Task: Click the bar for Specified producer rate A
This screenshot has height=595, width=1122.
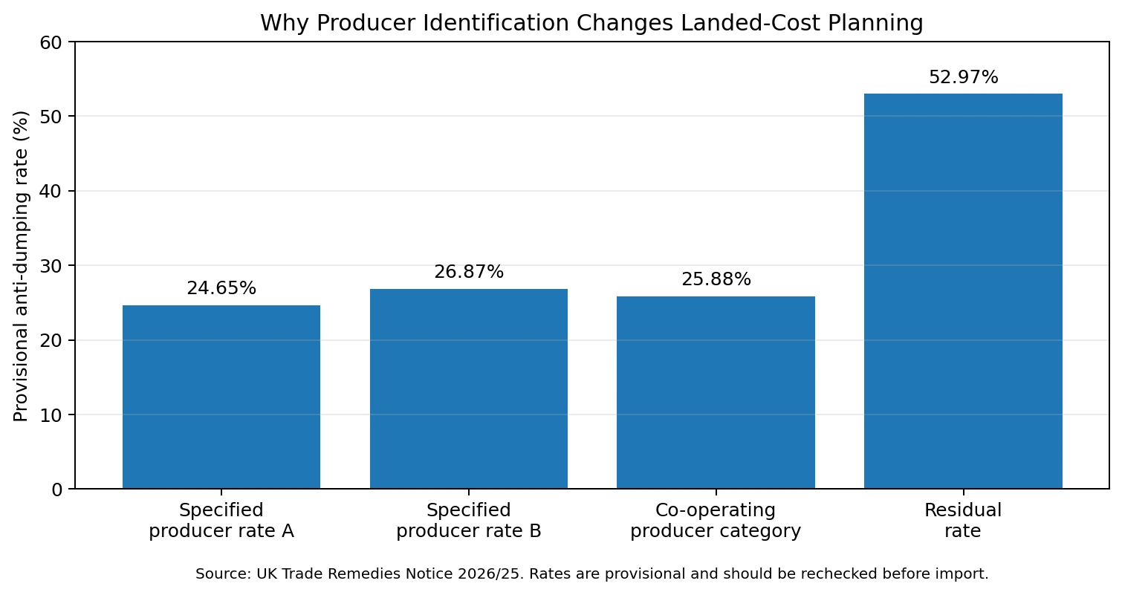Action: [221, 397]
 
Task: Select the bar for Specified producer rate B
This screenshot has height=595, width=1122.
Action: [469, 388]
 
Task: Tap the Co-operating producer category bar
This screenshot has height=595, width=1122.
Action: [716, 392]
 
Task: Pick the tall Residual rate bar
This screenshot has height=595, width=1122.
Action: [963, 291]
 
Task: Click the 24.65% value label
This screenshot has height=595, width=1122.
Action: [221, 288]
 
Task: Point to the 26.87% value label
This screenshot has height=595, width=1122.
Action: [469, 271]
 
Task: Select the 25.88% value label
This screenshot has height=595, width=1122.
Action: [716, 279]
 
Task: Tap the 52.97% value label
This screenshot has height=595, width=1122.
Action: [964, 77]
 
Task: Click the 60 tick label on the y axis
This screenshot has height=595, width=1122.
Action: [51, 42]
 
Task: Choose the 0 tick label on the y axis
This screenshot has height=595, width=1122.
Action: [56, 490]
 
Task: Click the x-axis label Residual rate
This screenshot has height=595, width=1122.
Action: [963, 521]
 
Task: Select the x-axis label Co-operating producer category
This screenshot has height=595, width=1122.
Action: [716, 521]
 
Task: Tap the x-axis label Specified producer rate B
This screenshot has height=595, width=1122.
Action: [469, 521]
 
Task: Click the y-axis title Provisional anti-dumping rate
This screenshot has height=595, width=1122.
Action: [21, 266]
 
